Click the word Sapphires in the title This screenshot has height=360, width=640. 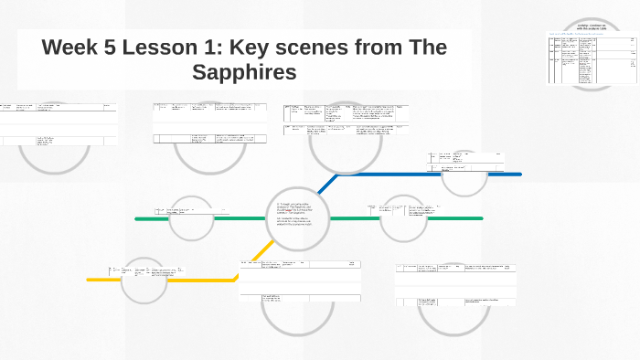click(244, 72)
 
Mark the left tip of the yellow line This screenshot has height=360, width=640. click(89, 280)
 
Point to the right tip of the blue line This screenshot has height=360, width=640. click(519, 174)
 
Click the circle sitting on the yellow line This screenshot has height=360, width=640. click(144, 280)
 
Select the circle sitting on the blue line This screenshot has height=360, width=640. click(465, 174)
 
